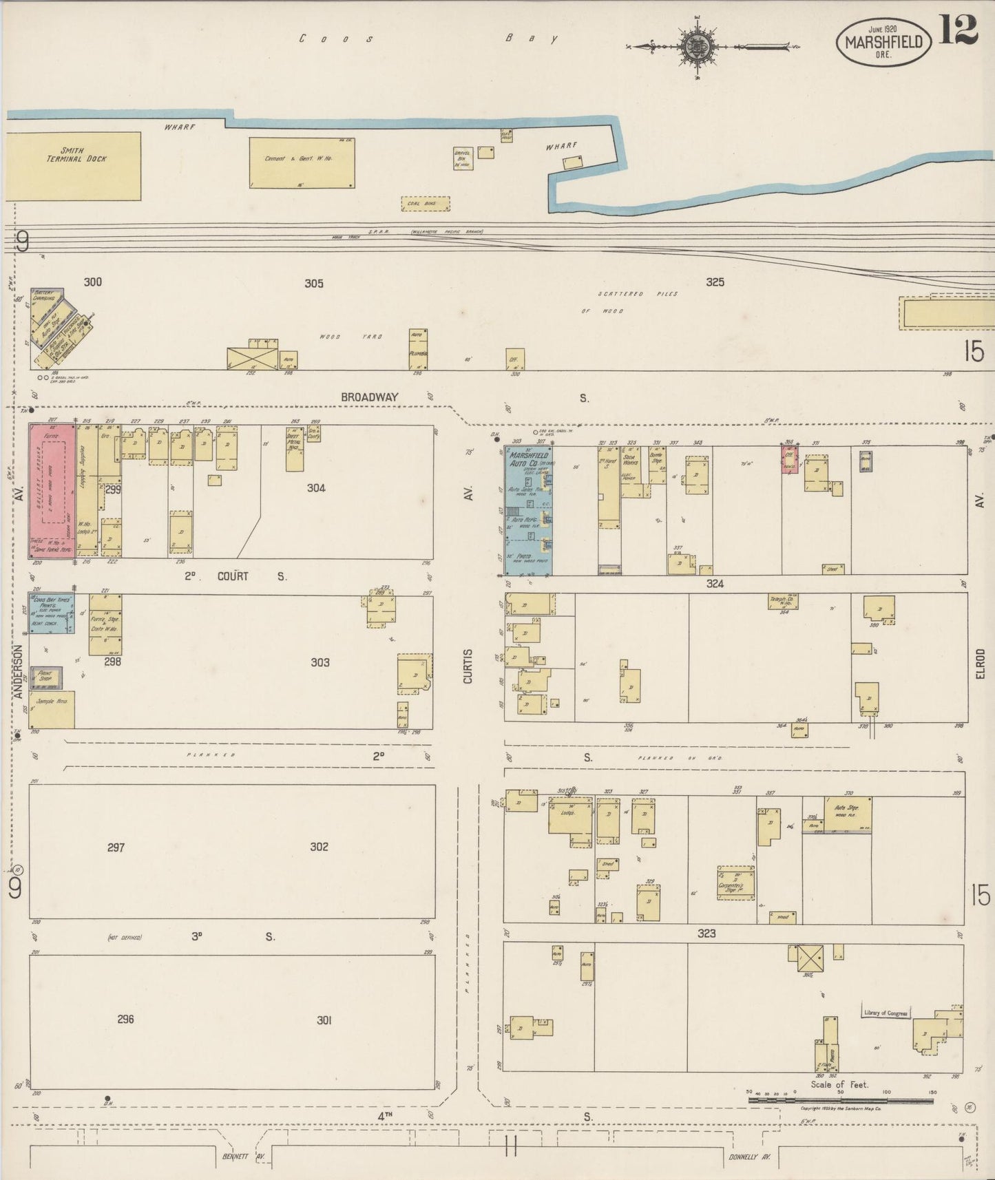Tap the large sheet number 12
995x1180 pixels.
958,30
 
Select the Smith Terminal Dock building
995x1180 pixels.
74,167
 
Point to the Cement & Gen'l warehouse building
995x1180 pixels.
302,162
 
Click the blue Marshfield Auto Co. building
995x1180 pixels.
528,511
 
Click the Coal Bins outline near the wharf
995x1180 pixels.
425,204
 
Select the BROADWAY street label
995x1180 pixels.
370,397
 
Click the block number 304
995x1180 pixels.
316,488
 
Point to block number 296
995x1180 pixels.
125,1020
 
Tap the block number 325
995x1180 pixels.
715,282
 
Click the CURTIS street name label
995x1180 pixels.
468,666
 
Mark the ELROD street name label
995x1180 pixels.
981,664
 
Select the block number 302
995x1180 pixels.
319,847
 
